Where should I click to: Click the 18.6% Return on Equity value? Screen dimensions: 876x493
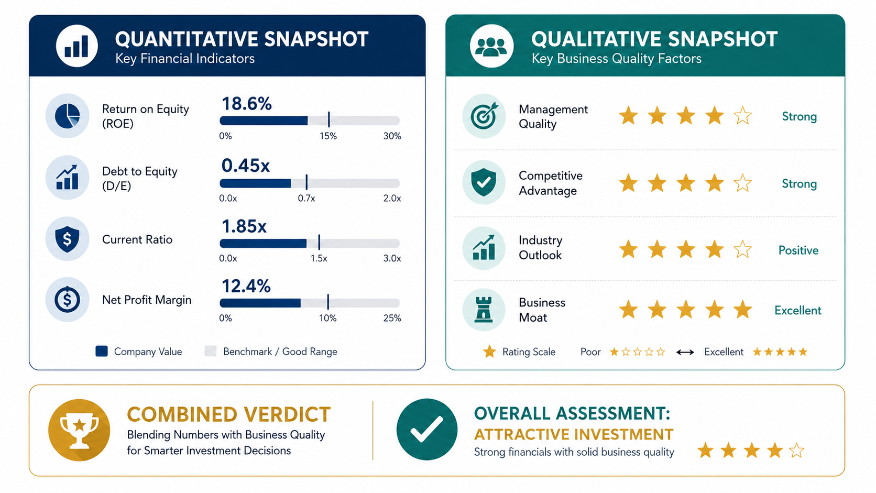[246, 104]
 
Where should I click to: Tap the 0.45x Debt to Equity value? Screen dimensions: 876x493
[246, 166]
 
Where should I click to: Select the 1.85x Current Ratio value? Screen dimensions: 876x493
[244, 226]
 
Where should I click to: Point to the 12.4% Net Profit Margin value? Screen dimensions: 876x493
[246, 286]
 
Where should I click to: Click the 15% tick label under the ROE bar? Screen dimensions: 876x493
[328, 136]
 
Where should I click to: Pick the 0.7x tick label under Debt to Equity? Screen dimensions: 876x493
[306, 198]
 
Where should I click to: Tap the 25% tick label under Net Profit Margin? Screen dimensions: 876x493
[392, 318]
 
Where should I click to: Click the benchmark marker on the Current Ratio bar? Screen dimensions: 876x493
[319, 242]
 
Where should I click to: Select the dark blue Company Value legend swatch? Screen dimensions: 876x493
[102, 351]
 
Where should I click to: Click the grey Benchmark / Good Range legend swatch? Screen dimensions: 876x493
[211, 351]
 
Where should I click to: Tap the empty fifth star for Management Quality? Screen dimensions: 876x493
[742, 116]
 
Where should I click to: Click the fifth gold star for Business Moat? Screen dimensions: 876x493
[742, 309]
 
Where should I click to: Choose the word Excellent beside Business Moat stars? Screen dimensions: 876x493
[798, 311]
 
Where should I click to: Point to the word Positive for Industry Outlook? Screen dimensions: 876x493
[798, 250]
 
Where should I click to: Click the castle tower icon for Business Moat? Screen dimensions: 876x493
[484, 310]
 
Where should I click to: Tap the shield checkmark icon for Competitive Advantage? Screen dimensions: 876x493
[484, 182]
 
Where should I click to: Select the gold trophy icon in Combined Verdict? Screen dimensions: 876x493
[80, 430]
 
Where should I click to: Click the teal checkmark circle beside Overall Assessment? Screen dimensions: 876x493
[426, 429]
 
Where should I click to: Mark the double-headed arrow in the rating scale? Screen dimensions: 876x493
[685, 352]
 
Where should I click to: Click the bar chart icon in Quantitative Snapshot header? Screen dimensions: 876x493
[76, 46]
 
